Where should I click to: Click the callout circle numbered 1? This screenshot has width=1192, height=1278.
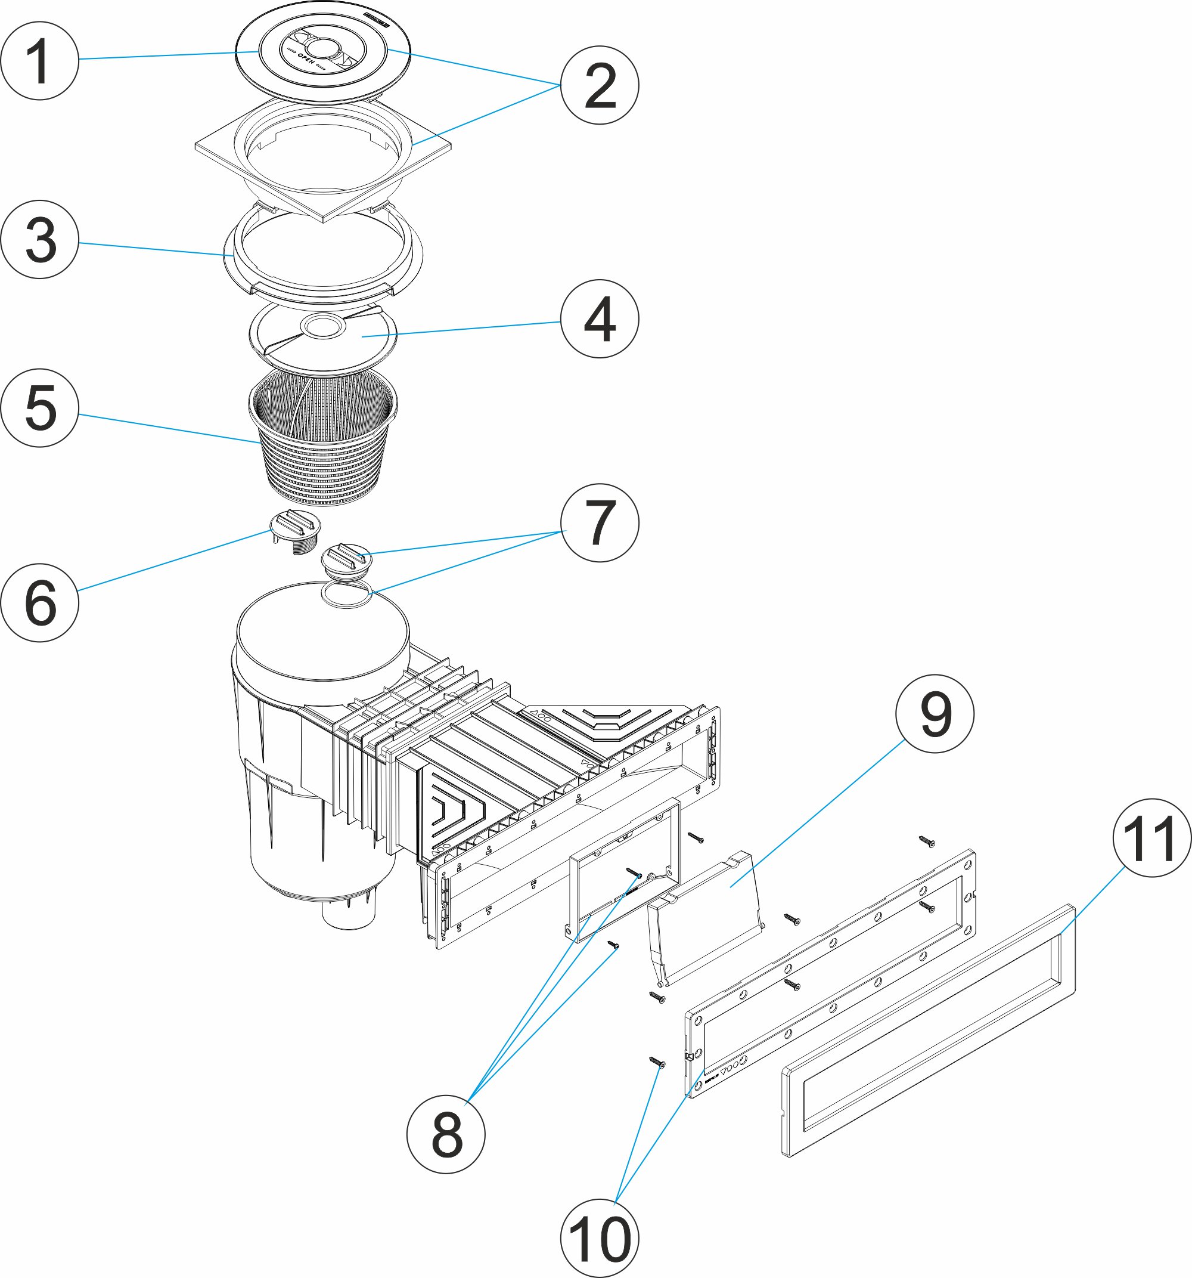pyautogui.click(x=40, y=60)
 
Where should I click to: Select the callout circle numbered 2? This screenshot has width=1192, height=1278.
pyautogui.click(x=599, y=85)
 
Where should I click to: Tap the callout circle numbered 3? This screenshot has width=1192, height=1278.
pyautogui.click(x=40, y=239)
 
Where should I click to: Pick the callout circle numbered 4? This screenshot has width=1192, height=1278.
pyautogui.click(x=599, y=319)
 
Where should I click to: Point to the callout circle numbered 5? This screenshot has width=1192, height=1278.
pyautogui.click(x=40, y=407)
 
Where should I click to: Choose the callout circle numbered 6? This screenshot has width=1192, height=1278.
pyautogui.click(x=40, y=602)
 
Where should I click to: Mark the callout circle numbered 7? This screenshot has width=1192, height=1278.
pyautogui.click(x=599, y=522)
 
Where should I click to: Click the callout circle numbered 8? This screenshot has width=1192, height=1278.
pyautogui.click(x=446, y=1134)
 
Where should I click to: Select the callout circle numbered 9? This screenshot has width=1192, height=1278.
pyautogui.click(x=935, y=714)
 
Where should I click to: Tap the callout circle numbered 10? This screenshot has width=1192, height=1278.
pyautogui.click(x=599, y=1238)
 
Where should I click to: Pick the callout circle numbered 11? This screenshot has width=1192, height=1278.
pyautogui.click(x=1151, y=837)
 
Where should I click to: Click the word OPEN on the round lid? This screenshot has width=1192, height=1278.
pyautogui.click(x=306, y=58)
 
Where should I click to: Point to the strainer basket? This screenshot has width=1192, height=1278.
pyautogui.click(x=323, y=444)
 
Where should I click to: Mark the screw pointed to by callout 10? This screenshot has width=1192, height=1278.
pyautogui.click(x=657, y=1062)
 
